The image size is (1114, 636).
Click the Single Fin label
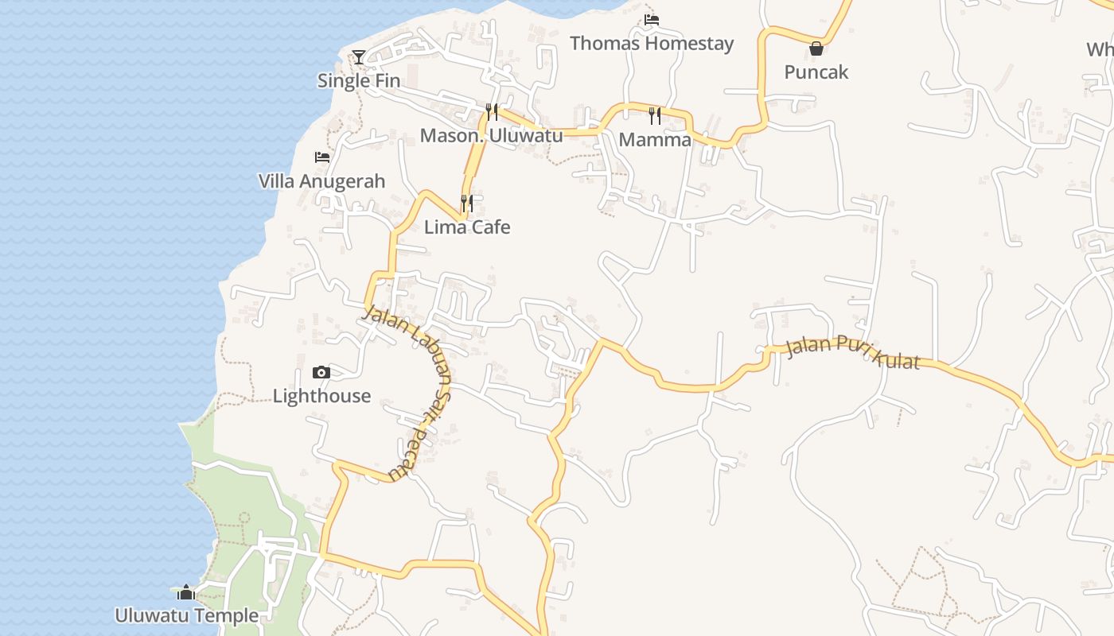pyautogui.click(x=359, y=80)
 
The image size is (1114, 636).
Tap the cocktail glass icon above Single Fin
pyautogui.click(x=359, y=56)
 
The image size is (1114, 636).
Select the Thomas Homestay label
pyautogui.click(x=652, y=43)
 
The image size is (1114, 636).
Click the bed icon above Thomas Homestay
pyautogui.click(x=652, y=19)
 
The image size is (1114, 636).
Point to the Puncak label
pyautogui.click(x=816, y=72)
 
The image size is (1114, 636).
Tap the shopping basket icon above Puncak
pyautogui.click(x=816, y=48)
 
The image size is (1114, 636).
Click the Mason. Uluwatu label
pyautogui.click(x=491, y=135)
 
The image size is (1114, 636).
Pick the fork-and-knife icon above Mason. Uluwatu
pyautogui.click(x=492, y=111)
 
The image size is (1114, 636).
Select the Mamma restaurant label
pyautogui.click(x=655, y=140)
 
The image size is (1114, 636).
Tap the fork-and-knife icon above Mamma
pyautogui.click(x=655, y=116)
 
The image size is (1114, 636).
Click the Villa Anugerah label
pyautogui.click(x=321, y=181)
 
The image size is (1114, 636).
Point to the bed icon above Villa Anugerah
pyautogui.click(x=321, y=157)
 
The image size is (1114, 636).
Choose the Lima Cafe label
pyautogui.click(x=467, y=227)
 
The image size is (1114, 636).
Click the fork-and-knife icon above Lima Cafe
pyautogui.click(x=467, y=204)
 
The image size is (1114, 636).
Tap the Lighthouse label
pyautogui.click(x=321, y=396)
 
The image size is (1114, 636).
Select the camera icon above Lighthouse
pyautogui.click(x=321, y=372)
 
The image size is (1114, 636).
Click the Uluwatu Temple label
pyautogui.click(x=186, y=615)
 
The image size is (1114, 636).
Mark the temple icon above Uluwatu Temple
pyautogui.click(x=186, y=592)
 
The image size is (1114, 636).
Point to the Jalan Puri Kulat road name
pyautogui.click(x=852, y=354)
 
